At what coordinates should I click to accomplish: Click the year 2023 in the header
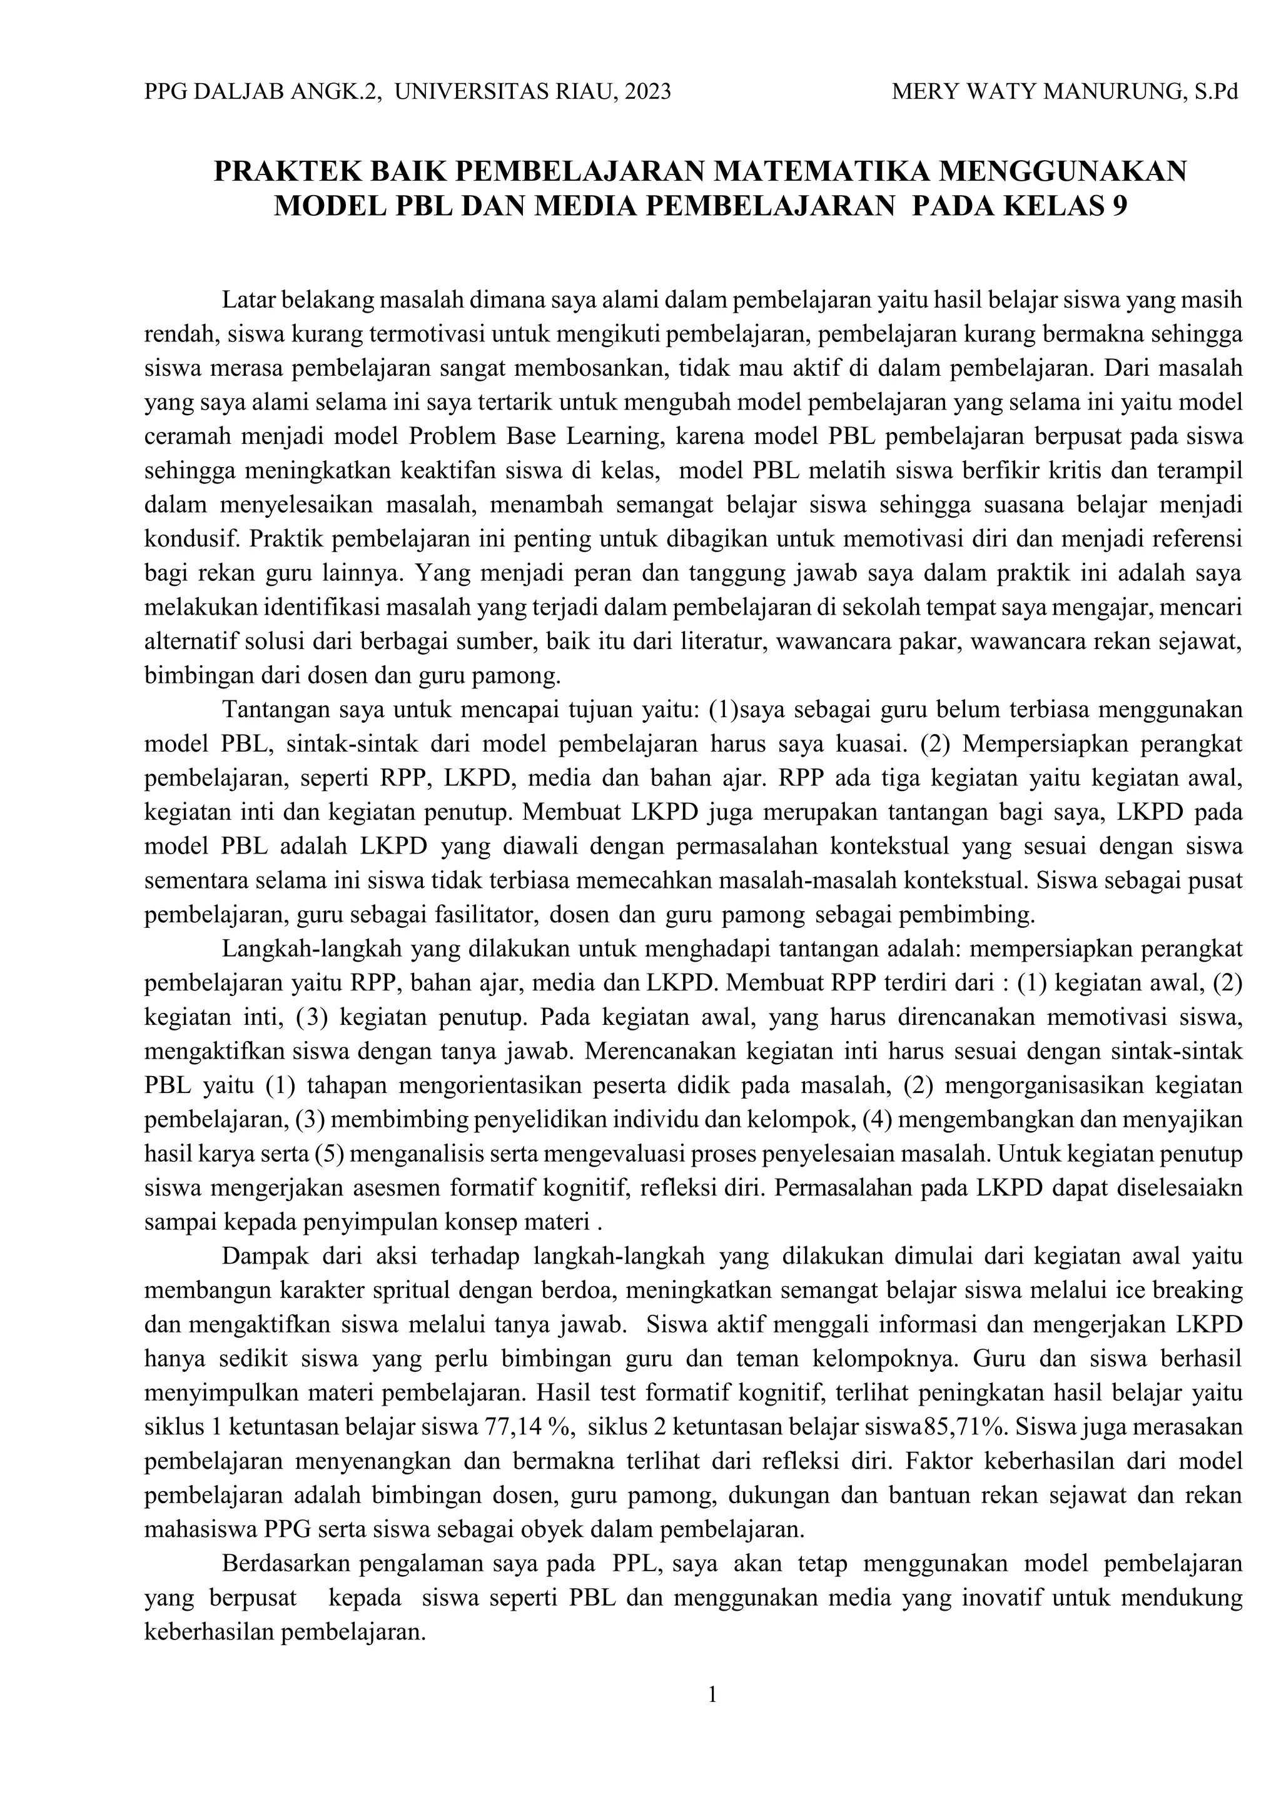tap(647, 93)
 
